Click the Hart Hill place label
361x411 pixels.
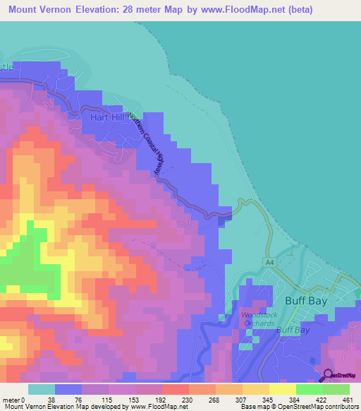click(107, 117)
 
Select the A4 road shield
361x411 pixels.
click(269, 261)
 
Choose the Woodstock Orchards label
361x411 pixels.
click(255, 318)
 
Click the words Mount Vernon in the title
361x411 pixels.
click(41, 10)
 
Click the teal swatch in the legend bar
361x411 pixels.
click(42, 389)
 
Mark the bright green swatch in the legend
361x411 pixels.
click(309, 389)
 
